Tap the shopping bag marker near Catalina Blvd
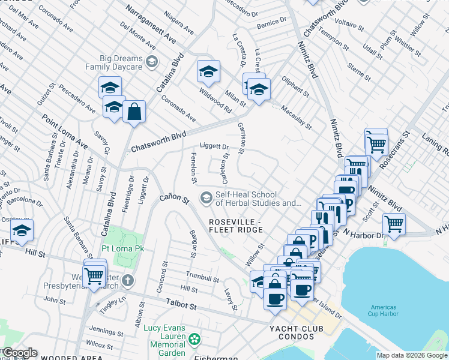(134, 111)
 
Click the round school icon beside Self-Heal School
(206, 197)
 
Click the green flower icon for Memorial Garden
(194, 340)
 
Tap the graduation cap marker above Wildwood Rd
(208, 71)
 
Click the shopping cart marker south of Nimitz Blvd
(394, 224)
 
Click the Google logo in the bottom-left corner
(19, 353)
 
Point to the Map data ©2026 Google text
(412, 355)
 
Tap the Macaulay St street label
(297, 117)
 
